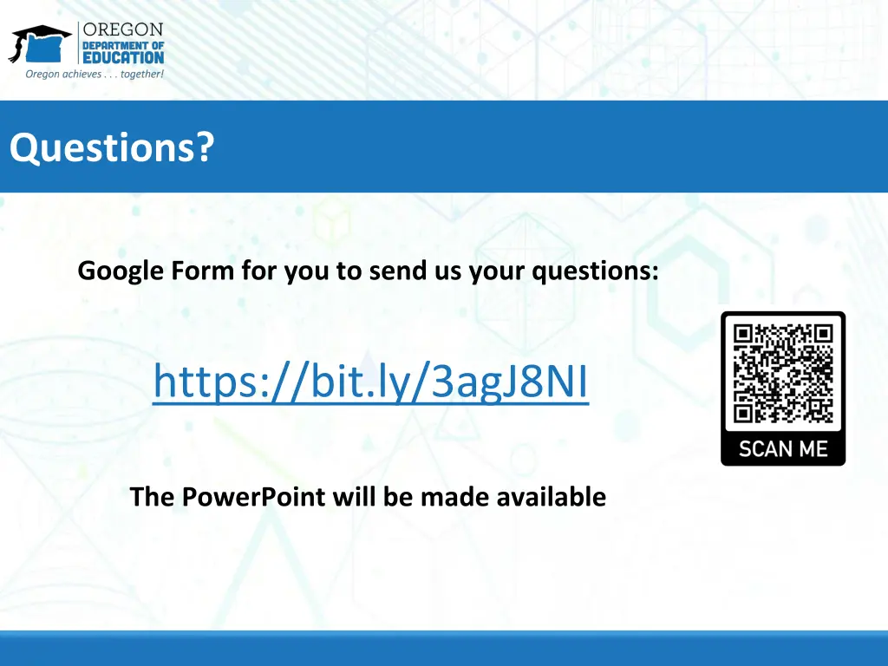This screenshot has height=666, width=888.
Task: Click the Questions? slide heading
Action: pyautogui.click(x=111, y=147)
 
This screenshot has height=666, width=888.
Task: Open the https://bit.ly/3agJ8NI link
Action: pyautogui.click(x=370, y=382)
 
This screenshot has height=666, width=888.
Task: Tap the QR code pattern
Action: pyautogui.click(x=783, y=374)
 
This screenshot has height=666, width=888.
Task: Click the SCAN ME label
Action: pyautogui.click(x=783, y=448)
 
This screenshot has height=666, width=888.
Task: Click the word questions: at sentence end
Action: pyautogui.click(x=595, y=271)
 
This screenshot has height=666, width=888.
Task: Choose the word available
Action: pyautogui.click(x=551, y=497)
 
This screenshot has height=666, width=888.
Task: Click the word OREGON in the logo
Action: pyautogui.click(x=122, y=29)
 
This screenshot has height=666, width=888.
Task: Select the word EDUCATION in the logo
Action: pyautogui.click(x=122, y=58)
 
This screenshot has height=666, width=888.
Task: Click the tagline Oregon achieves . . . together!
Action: pyautogui.click(x=94, y=75)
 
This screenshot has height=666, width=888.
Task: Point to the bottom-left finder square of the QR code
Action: pyautogui.click(x=745, y=412)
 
